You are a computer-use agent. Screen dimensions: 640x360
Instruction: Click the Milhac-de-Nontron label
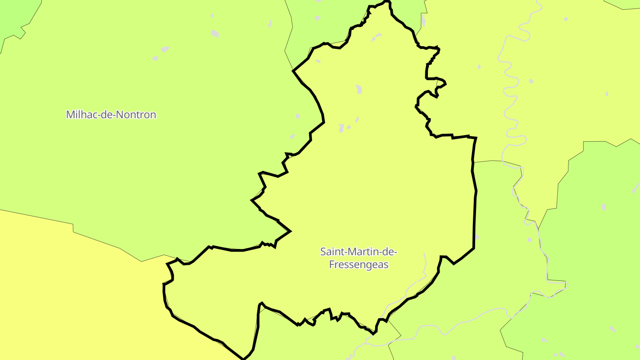click(111, 115)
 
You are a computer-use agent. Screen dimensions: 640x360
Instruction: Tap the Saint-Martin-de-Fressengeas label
click(358, 258)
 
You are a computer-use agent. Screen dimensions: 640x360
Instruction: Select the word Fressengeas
click(358, 265)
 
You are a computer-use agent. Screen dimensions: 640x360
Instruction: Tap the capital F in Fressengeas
click(331, 265)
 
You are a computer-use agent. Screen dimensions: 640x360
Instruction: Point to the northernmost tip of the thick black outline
click(387, 1)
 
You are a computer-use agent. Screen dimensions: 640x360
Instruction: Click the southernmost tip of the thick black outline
click(243, 358)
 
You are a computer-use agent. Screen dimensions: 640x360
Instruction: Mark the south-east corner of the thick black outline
click(473, 248)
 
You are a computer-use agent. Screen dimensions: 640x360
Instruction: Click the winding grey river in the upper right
click(511, 89)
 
